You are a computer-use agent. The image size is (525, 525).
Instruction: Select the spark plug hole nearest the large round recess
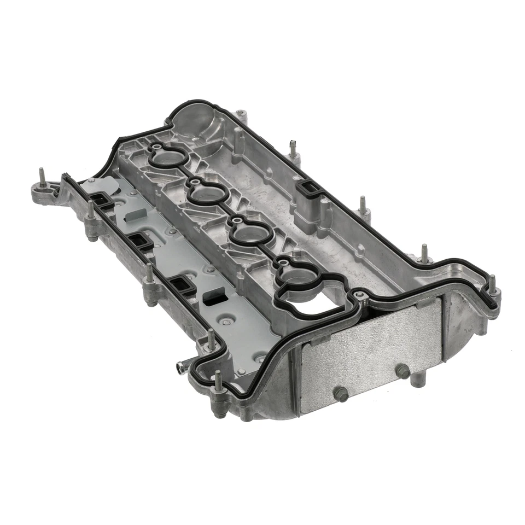click(x=168, y=159)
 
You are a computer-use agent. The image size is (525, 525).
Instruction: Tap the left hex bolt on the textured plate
click(x=341, y=393)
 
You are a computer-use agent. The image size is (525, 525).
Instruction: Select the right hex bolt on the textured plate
click(x=403, y=371)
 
